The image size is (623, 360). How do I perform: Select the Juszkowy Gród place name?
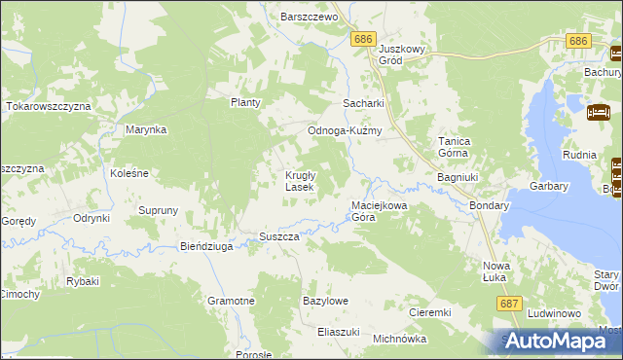(x=404, y=54)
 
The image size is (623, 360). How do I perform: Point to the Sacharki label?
(x=363, y=103)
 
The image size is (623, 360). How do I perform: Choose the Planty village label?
(x=246, y=102)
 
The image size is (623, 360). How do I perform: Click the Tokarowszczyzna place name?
(x=48, y=105)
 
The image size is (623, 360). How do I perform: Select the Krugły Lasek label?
(x=299, y=181)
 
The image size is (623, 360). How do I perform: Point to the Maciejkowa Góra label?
(x=377, y=211)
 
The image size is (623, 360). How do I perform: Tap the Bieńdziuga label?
(x=206, y=247)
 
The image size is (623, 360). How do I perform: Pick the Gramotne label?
(x=231, y=302)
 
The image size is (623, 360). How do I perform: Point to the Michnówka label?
(x=400, y=340)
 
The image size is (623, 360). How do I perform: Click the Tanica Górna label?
(x=455, y=147)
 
